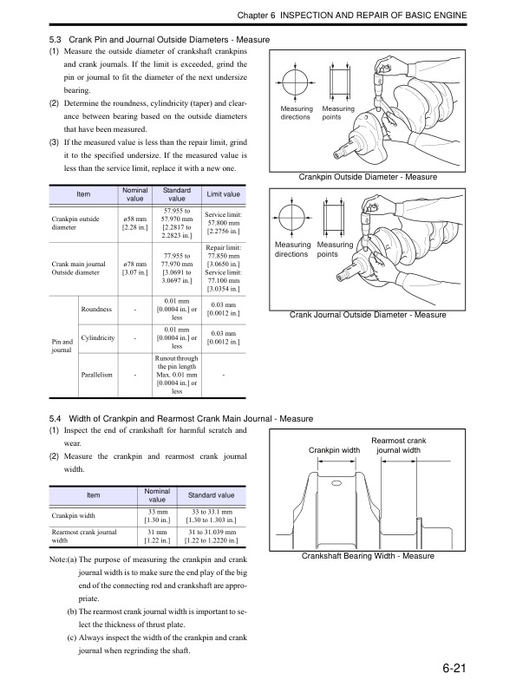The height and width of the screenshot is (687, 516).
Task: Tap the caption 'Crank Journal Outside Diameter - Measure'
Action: click(368, 315)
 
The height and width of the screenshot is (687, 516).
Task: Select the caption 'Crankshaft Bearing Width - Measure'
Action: click(368, 555)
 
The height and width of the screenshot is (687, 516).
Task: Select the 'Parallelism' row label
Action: click(98, 375)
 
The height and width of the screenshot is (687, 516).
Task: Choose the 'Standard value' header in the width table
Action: click(211, 494)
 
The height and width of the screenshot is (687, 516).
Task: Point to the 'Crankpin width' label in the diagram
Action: click(334, 450)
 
